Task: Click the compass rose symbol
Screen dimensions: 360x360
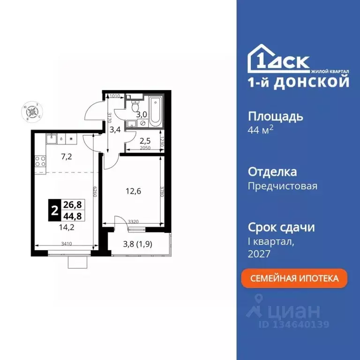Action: point(32,112)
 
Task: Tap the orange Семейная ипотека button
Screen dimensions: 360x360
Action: point(295,278)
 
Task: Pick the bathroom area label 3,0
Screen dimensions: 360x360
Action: point(142,113)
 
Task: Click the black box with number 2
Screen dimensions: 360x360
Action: point(54,210)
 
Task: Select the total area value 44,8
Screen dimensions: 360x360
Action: point(70,217)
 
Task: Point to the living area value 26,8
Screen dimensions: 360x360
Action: point(70,205)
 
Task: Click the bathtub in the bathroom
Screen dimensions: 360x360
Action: point(154,112)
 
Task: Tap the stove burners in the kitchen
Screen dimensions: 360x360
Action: point(40,161)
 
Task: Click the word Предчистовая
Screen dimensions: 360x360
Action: point(282,186)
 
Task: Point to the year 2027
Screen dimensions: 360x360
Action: point(259,254)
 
